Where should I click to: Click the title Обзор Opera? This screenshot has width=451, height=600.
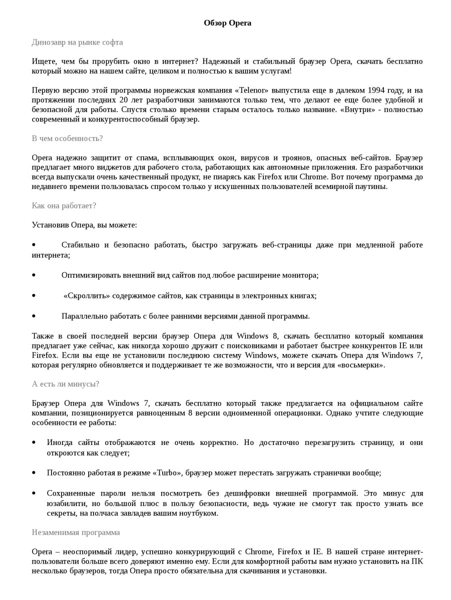pos(227,23)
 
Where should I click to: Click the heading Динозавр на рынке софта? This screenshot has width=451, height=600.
pos(77,42)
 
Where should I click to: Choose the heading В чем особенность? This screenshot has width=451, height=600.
pos(67,138)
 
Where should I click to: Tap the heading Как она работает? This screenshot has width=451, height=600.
pos(64,206)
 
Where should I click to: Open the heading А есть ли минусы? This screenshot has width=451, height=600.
pos(65,384)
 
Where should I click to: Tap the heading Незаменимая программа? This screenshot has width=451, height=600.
pos(76,532)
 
